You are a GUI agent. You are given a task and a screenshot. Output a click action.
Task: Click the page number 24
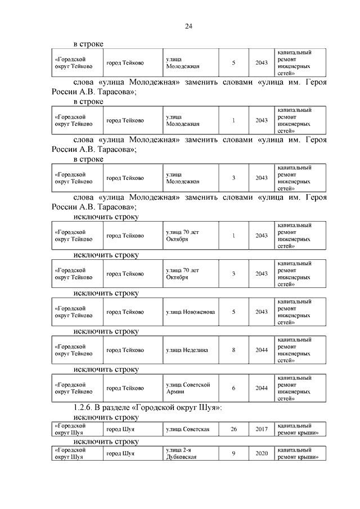click(x=188, y=26)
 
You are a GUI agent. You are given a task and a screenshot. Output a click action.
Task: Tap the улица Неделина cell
click(x=187, y=350)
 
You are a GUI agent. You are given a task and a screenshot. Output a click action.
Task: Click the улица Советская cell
click(x=188, y=430)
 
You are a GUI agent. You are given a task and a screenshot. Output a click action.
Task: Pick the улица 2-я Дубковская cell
click(x=181, y=454)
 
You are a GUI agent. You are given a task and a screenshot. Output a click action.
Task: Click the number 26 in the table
click(x=233, y=430)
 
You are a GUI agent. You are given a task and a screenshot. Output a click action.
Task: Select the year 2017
click(x=261, y=430)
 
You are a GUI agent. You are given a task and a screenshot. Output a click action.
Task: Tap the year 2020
click(x=261, y=454)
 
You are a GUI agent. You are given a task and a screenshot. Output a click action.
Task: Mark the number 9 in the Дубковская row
click(x=233, y=454)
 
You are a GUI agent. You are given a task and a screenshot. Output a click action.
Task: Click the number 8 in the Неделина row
click(x=233, y=350)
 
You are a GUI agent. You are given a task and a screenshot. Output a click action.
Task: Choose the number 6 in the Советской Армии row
click(x=233, y=388)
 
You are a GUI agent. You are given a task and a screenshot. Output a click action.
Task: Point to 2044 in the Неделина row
click(x=261, y=350)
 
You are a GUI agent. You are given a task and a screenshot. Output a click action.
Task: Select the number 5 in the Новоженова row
click(x=233, y=312)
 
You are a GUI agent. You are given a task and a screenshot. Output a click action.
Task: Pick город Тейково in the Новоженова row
click(x=125, y=312)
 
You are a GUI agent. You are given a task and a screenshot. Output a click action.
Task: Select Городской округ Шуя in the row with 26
click(x=71, y=430)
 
